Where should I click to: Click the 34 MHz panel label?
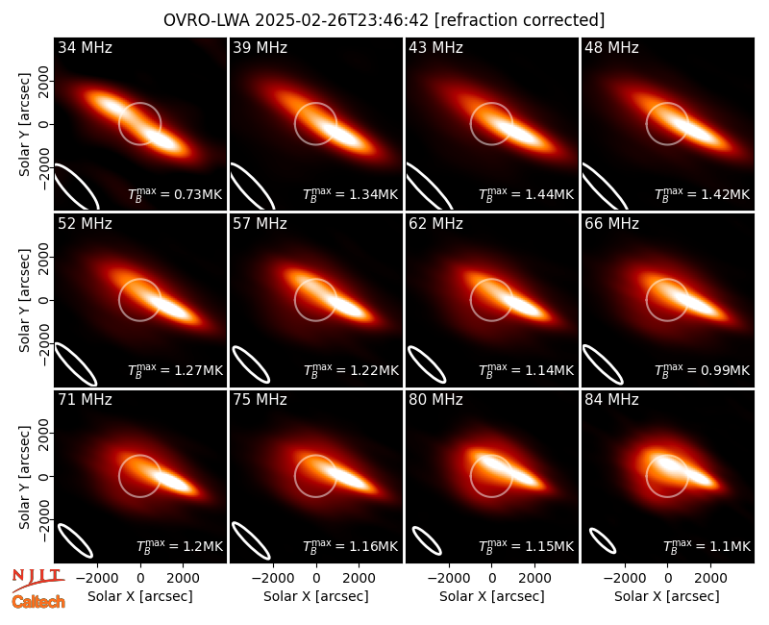(x=85, y=47)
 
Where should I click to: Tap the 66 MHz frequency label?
(x=611, y=224)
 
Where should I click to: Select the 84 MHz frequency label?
(x=611, y=400)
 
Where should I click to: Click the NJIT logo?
(x=38, y=580)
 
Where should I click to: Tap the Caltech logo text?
(x=38, y=602)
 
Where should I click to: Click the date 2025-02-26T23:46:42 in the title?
(x=341, y=20)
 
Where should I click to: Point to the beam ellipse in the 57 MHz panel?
(x=251, y=364)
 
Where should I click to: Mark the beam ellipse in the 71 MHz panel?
(x=76, y=540)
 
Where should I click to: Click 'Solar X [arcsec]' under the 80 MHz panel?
(x=491, y=596)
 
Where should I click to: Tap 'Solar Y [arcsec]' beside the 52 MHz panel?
(x=24, y=300)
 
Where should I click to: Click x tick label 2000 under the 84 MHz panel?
(x=710, y=578)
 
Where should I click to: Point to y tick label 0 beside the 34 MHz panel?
(x=44, y=124)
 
